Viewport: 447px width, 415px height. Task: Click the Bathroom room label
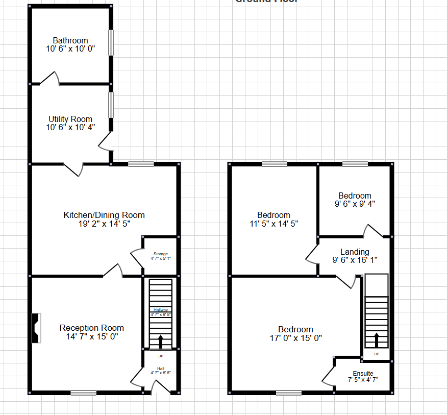(x=70, y=40)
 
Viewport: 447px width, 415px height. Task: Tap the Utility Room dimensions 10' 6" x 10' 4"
(x=70, y=127)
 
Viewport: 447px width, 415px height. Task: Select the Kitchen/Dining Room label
(x=104, y=215)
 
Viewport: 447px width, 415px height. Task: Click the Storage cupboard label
(x=161, y=254)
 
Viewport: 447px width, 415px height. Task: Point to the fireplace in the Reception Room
(x=36, y=328)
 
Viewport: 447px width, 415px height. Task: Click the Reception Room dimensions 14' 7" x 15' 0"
(x=92, y=336)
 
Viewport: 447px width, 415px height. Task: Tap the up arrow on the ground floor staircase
(x=161, y=341)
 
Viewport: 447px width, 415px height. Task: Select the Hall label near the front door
(x=160, y=368)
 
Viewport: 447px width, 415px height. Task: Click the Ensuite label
(x=363, y=373)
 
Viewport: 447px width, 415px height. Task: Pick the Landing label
(x=355, y=252)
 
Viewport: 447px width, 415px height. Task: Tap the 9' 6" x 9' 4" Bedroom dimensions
(x=355, y=204)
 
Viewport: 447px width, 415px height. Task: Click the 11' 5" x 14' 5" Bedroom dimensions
(x=274, y=223)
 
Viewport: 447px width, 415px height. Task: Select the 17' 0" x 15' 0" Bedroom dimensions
(x=295, y=337)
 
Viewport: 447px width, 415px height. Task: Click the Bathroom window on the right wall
(x=111, y=42)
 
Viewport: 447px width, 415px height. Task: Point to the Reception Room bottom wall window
(x=84, y=393)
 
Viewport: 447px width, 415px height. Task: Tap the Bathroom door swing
(x=51, y=78)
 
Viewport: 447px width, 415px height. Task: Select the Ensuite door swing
(x=328, y=377)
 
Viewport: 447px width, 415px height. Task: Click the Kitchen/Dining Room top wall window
(x=141, y=164)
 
